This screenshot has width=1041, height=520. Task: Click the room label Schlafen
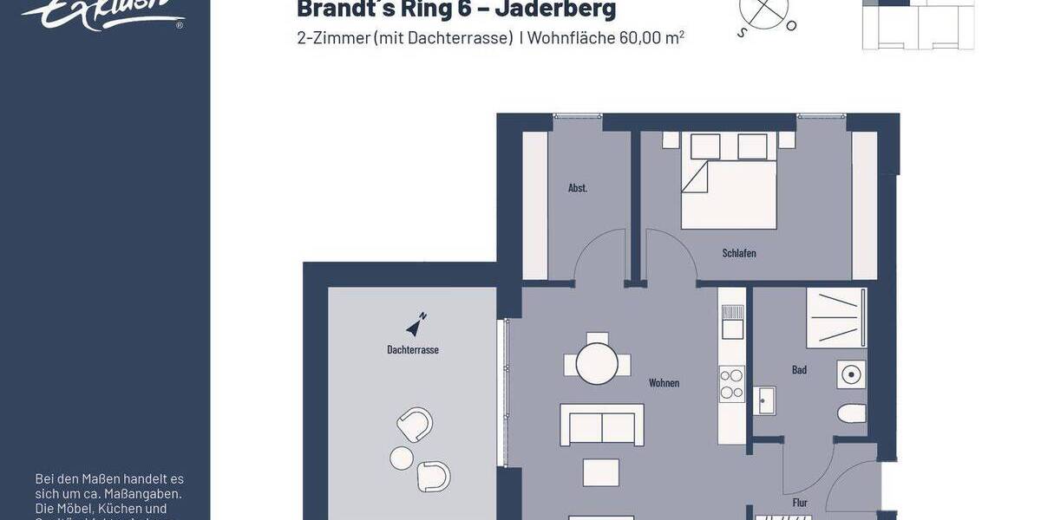pos(739,253)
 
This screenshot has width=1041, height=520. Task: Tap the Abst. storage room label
pos(578,188)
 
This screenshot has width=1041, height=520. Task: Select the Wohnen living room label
pos(664,382)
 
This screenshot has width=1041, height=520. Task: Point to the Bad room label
pos(799,370)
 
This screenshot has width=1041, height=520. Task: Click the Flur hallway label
pos(800,503)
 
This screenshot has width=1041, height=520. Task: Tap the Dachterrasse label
pos(413,349)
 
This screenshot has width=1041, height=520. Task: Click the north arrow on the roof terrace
pos(416,324)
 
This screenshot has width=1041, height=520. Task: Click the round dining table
pos(597,362)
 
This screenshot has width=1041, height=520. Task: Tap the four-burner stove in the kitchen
pos(732,384)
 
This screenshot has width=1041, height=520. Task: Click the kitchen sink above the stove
pos(732,322)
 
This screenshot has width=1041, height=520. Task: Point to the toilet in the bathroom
pos(852,413)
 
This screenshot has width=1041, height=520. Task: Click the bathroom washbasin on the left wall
pos(764,400)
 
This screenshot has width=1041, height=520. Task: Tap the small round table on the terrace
pos(402,457)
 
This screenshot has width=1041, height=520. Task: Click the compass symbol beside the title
pos(766,13)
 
